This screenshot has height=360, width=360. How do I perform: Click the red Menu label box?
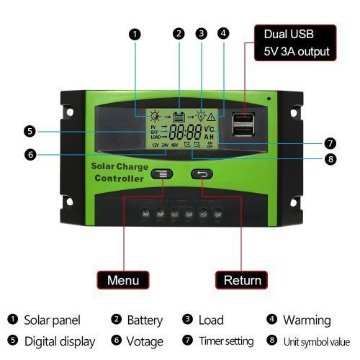pos(123,279)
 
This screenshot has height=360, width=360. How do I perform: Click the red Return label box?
pos(242,279)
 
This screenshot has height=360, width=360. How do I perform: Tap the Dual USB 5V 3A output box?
pos(296,42)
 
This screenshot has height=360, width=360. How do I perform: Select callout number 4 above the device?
pos(223,33)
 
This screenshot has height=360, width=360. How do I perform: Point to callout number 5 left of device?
pos(30,131)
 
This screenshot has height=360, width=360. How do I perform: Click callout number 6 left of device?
pos(30,153)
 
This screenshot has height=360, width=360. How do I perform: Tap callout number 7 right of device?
pos(330,143)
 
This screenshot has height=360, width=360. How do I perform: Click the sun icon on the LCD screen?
pos(153,115)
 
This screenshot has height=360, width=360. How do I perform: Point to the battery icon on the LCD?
pos(178,115)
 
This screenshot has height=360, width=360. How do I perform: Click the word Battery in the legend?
pos(145,320)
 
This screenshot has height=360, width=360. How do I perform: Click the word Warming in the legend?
pos(307,320)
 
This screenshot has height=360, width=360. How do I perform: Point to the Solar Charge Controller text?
pos(118,173)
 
